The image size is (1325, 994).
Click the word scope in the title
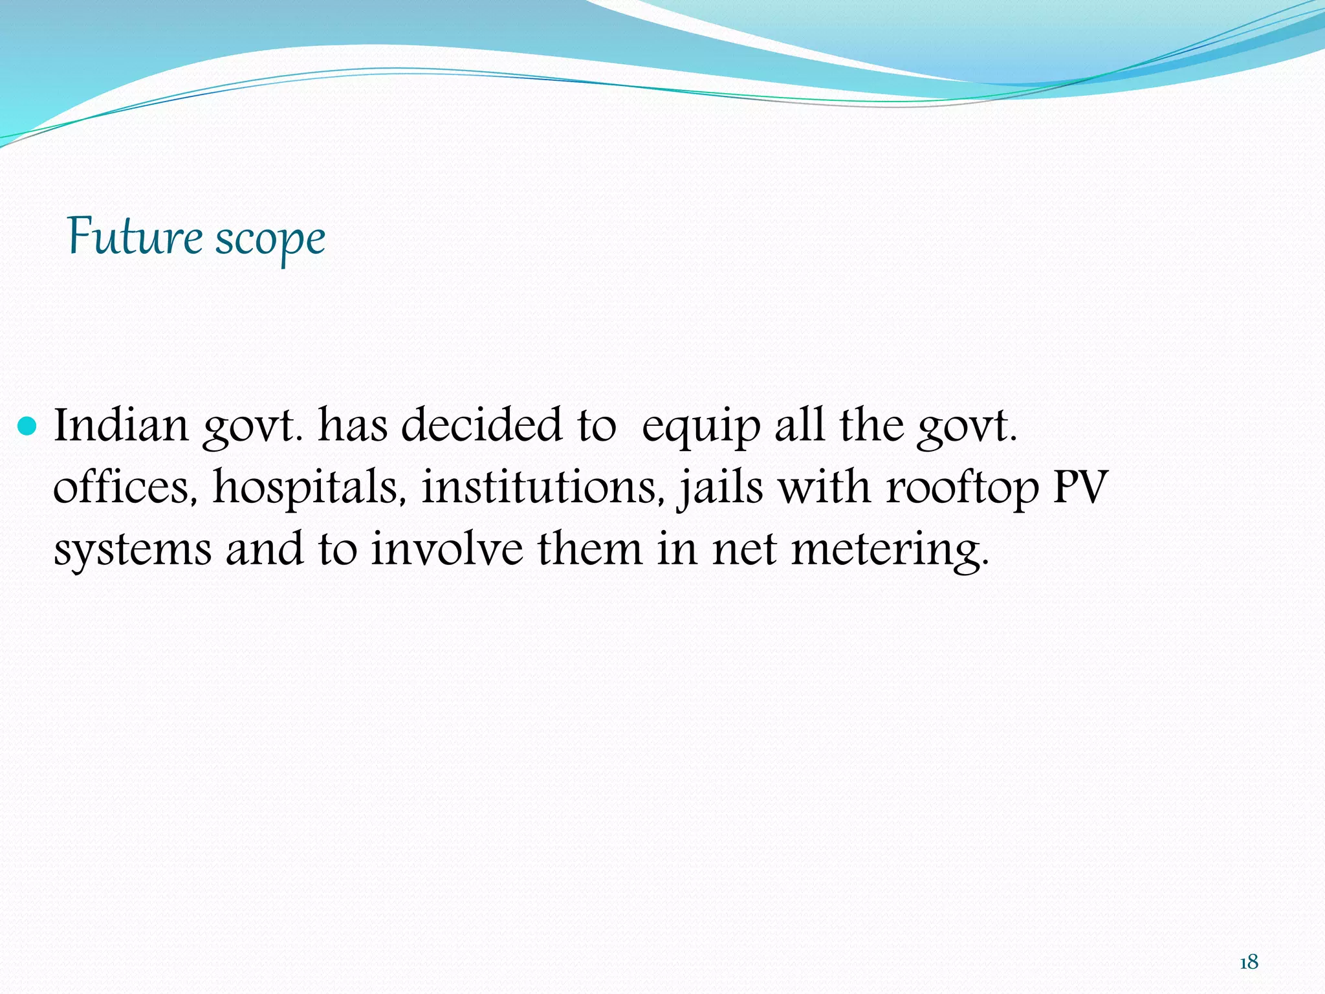click(270, 239)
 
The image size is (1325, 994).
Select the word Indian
click(121, 426)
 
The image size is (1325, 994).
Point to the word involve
click(446, 549)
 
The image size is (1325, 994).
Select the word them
click(590, 549)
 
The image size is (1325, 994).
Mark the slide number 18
click(1249, 962)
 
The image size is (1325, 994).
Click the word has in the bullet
click(353, 426)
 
